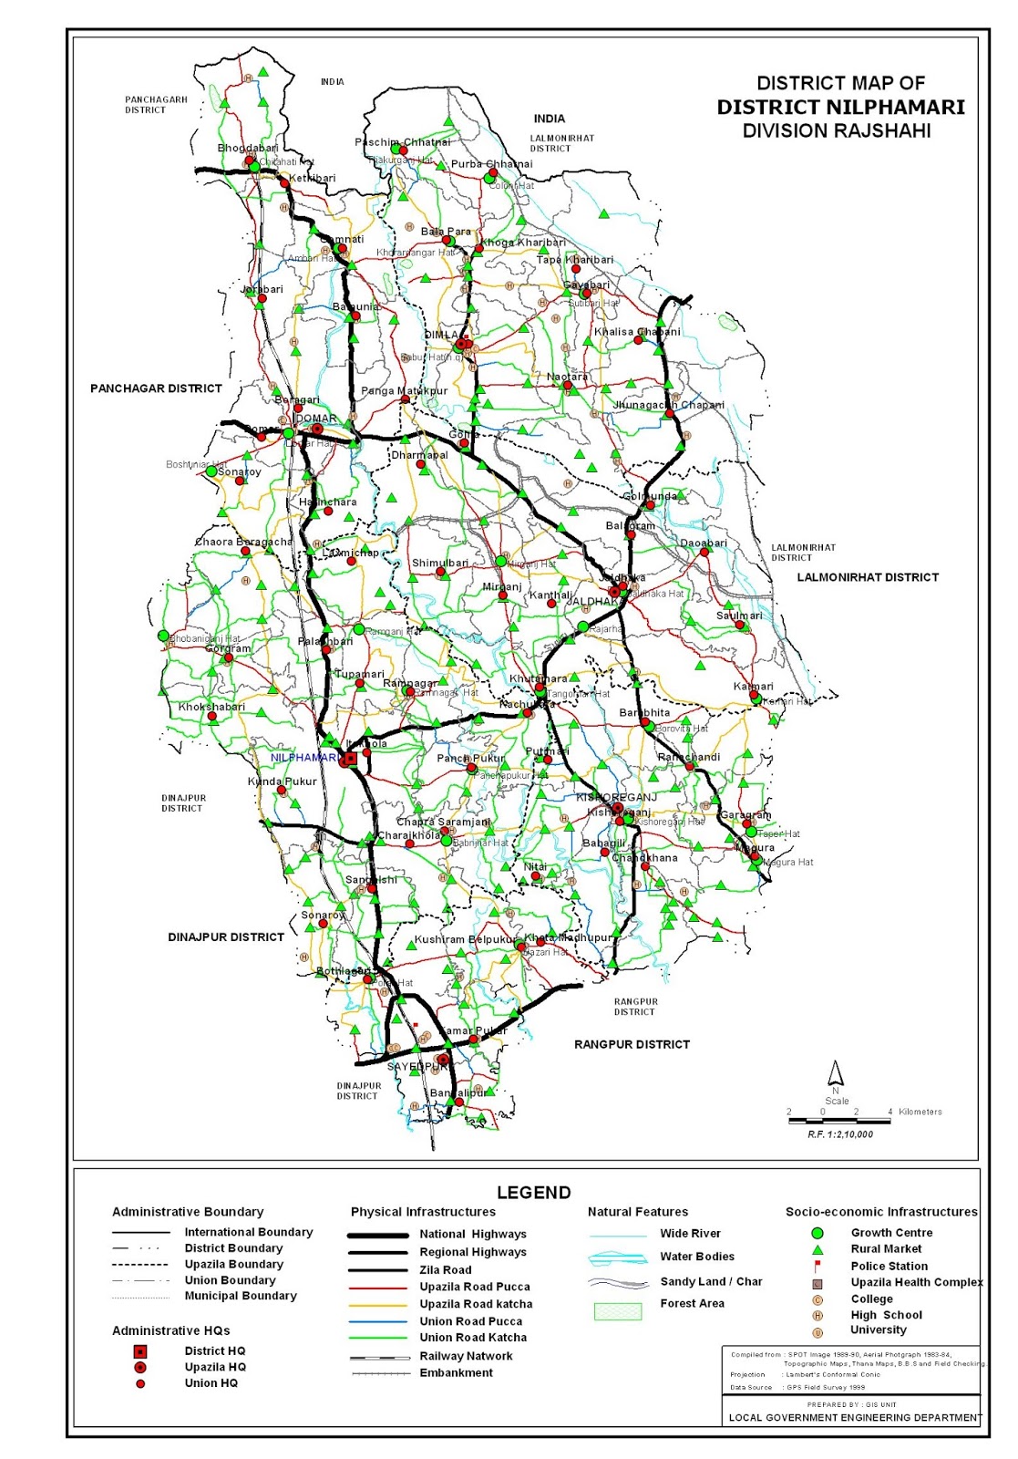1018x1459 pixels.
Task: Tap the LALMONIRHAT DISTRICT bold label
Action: (867, 577)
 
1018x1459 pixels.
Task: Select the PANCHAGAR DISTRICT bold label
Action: (156, 388)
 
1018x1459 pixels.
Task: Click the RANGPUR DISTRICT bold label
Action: (632, 1044)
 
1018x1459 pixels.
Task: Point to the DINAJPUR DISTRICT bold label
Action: (226, 936)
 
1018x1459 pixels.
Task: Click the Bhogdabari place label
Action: (248, 148)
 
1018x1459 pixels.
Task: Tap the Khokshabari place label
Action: (211, 707)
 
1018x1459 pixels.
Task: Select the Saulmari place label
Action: (739, 616)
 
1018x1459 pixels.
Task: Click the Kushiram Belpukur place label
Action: (466, 939)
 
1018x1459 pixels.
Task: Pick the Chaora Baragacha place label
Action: (243, 542)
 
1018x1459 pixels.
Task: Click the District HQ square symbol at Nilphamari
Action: (350, 758)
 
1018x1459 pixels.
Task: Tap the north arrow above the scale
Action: (835, 1072)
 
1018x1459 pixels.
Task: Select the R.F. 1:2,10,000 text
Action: (839, 1134)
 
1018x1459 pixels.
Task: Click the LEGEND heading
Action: (533, 1193)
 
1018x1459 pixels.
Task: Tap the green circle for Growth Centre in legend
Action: (817, 1233)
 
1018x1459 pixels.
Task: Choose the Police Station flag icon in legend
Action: (817, 1266)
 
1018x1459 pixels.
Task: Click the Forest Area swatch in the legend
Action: (618, 1311)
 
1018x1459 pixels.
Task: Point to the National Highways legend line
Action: (377, 1235)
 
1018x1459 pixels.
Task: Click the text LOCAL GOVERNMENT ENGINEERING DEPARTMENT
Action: (855, 1417)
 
